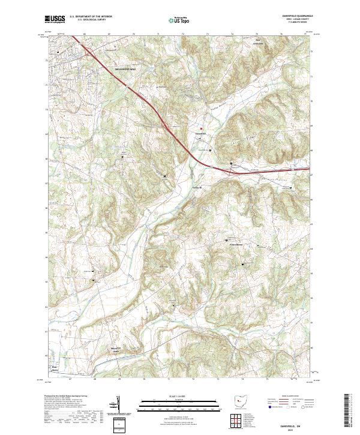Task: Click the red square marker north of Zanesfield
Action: [202, 127]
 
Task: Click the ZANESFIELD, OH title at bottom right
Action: [295, 419]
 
